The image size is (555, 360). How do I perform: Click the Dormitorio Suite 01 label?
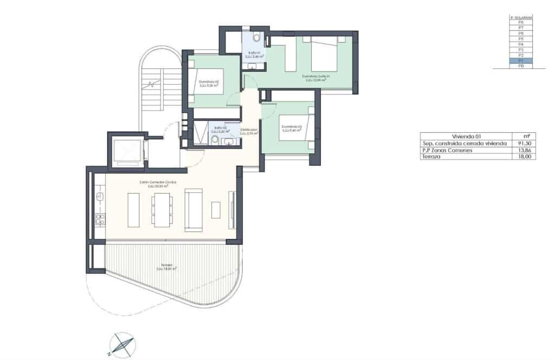(x=316, y=78)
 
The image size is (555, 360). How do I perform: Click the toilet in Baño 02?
(x=215, y=141)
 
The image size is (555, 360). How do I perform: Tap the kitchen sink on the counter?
(x=100, y=195)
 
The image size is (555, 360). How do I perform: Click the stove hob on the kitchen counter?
(x=100, y=219)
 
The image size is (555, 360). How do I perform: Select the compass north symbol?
(x=122, y=345)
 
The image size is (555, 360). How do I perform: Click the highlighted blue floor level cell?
(x=521, y=61)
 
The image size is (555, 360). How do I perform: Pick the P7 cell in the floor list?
(x=521, y=28)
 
